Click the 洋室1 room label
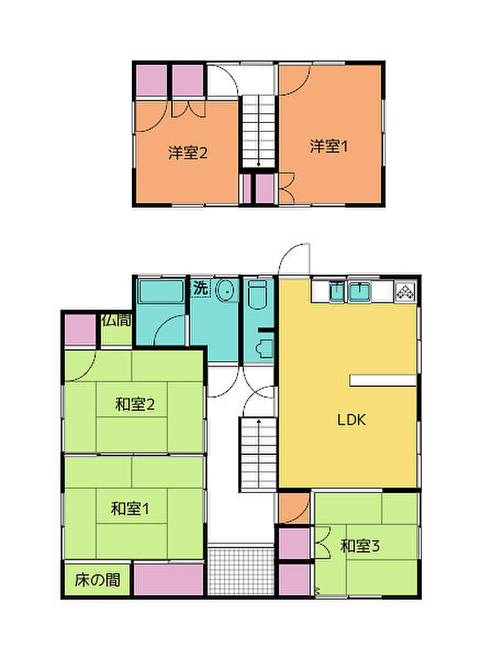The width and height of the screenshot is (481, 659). [x=328, y=147]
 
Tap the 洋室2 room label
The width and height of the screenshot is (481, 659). [x=187, y=153]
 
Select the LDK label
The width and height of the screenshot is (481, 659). [x=352, y=420]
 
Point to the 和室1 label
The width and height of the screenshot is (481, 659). [x=130, y=509]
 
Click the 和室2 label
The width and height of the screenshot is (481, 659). [x=135, y=404]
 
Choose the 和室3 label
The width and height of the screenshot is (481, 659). [x=360, y=546]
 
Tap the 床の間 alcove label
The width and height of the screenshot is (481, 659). [x=97, y=580]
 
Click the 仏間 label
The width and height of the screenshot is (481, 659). [x=117, y=320]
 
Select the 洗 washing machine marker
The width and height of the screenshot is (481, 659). [x=200, y=288]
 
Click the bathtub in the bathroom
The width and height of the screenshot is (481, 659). [x=162, y=292]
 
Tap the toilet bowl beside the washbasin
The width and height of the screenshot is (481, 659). [x=259, y=295]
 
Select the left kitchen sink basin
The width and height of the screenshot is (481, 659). [x=337, y=292]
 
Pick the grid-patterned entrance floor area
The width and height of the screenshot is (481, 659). [x=241, y=570]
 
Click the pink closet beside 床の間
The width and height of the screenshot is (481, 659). [x=169, y=580]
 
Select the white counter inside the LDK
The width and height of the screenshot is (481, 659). [x=383, y=380]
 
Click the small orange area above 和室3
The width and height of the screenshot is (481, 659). [x=294, y=508]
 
